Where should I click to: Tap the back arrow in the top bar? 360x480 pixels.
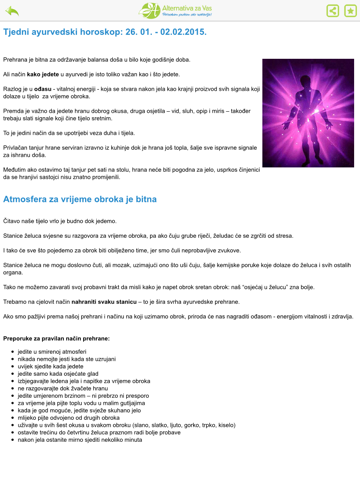tap(13, 11)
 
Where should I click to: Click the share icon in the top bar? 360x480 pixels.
tap(329, 11)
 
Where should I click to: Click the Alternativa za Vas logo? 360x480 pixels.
tap(180, 11)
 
